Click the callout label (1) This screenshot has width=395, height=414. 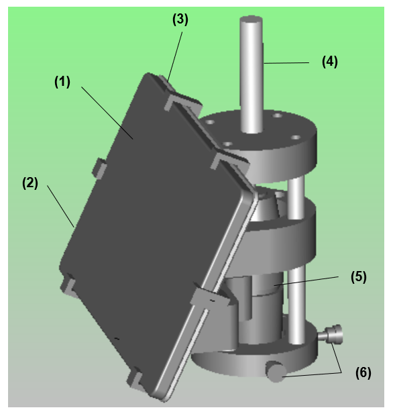[62, 82]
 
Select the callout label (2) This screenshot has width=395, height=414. [30, 183]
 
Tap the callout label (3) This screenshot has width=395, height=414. [180, 19]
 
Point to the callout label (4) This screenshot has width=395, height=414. [329, 62]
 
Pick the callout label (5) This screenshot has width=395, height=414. [358, 276]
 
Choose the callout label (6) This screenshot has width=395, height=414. [363, 372]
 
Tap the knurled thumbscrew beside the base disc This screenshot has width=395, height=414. [331, 335]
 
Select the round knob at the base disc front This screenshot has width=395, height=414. [275, 372]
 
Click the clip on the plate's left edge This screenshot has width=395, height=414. [99, 168]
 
